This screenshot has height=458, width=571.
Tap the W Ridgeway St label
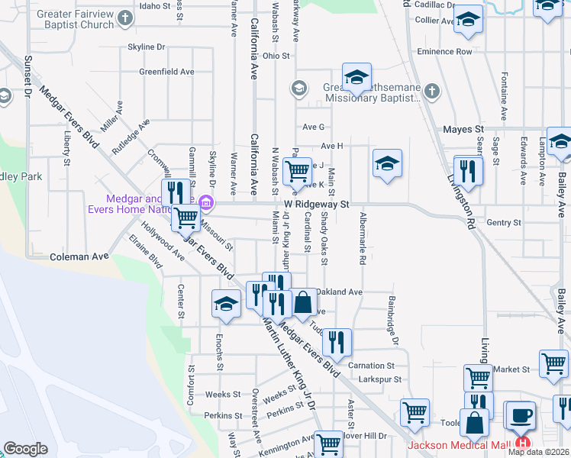point(316,205)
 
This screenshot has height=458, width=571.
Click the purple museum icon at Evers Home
point(205,203)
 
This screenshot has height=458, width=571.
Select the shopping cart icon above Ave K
point(297,170)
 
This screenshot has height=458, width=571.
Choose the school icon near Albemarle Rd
point(387,162)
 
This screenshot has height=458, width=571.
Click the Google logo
point(25,449)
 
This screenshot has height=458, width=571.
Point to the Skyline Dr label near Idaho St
point(147,47)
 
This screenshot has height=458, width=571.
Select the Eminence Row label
point(444,52)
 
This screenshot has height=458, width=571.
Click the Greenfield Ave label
point(166,72)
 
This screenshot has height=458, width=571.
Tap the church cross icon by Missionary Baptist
point(431,91)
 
